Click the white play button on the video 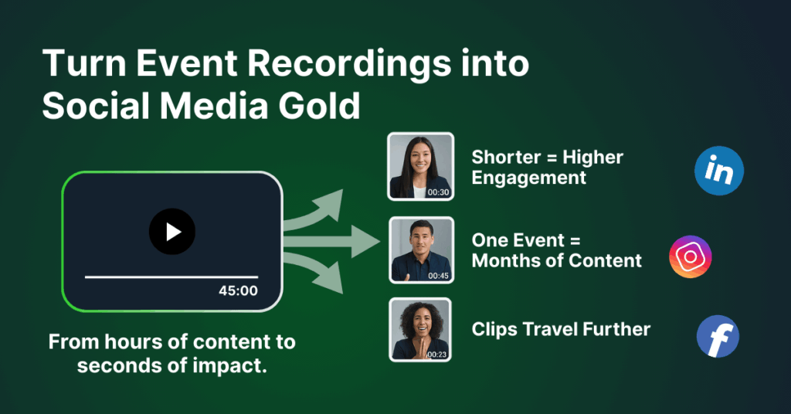tap(172, 231)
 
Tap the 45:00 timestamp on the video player tap(238, 291)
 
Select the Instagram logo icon tap(690, 256)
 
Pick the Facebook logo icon tap(718, 338)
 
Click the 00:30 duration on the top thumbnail tap(438, 192)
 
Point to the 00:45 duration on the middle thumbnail tap(438, 274)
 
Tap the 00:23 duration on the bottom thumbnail tap(438, 355)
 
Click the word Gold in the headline tap(322, 106)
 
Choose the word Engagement tap(528, 178)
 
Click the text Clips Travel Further tap(561, 330)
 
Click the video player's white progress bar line tap(171, 276)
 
